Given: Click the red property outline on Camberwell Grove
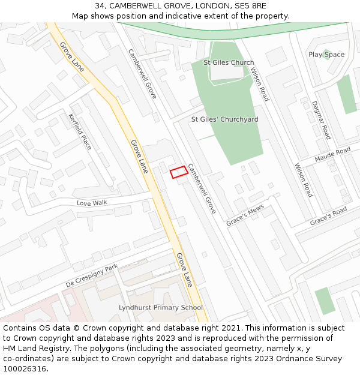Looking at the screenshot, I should [x=178, y=172].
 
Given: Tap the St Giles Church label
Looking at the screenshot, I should [x=229, y=62].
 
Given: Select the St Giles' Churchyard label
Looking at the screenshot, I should [x=224, y=119].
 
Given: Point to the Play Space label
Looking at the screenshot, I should [x=326, y=55].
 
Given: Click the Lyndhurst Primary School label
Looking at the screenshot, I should [x=161, y=308].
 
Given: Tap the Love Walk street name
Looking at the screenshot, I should [x=92, y=203].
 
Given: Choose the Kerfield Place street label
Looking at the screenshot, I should [x=80, y=131].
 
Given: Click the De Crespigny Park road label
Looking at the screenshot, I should [x=92, y=275].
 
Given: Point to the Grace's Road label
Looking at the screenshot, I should [x=328, y=217].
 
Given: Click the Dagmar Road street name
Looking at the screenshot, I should [x=321, y=120].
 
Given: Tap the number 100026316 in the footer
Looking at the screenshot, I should [x=25, y=368].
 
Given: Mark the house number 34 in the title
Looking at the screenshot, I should [x=100, y=6].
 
